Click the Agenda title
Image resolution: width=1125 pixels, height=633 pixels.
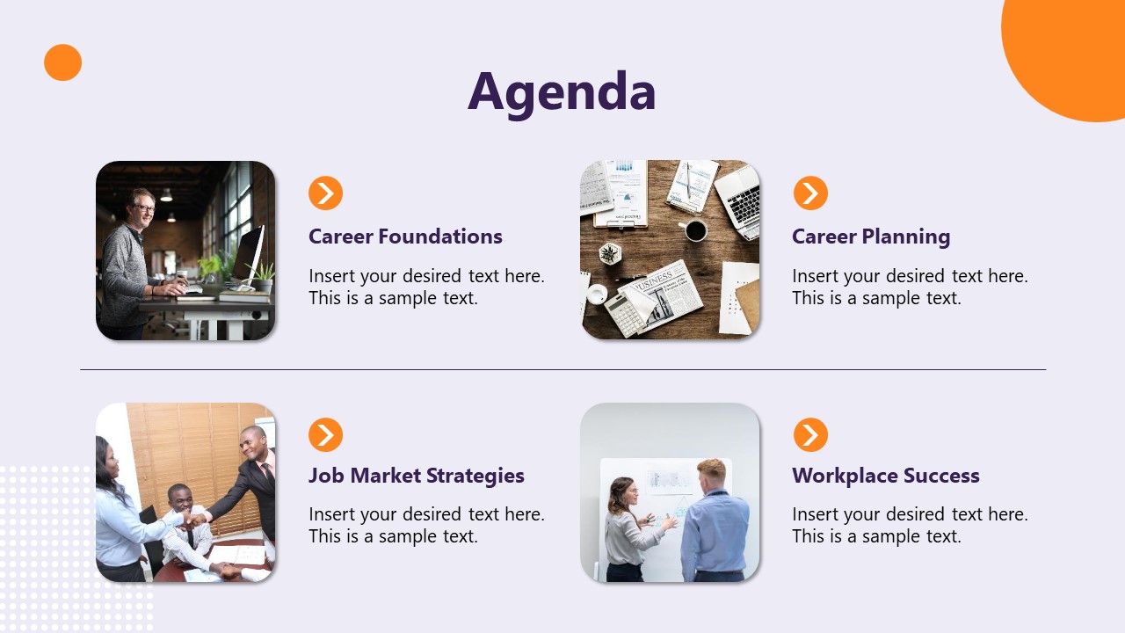pyautogui.click(x=562, y=91)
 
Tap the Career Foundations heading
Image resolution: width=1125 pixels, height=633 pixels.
pyautogui.click(x=405, y=236)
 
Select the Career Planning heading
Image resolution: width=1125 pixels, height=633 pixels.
pyautogui.click(x=871, y=236)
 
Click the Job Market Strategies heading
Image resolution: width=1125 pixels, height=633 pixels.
pyautogui.click(x=416, y=476)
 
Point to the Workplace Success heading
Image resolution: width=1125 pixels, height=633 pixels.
pyautogui.click(x=885, y=476)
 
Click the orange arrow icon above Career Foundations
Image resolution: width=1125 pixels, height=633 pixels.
pyautogui.click(x=325, y=193)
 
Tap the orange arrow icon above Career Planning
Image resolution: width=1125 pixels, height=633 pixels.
pyautogui.click(x=810, y=193)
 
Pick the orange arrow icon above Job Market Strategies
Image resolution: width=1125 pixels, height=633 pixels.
pyautogui.click(x=325, y=434)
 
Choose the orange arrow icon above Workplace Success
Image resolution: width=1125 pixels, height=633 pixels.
pyautogui.click(x=810, y=434)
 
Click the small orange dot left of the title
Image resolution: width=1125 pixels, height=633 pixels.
pyautogui.click(x=62, y=62)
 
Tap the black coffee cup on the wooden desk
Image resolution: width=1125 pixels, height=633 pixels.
pyautogui.click(x=695, y=230)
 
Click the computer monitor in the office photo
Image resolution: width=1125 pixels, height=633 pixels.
pyautogui.click(x=249, y=252)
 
